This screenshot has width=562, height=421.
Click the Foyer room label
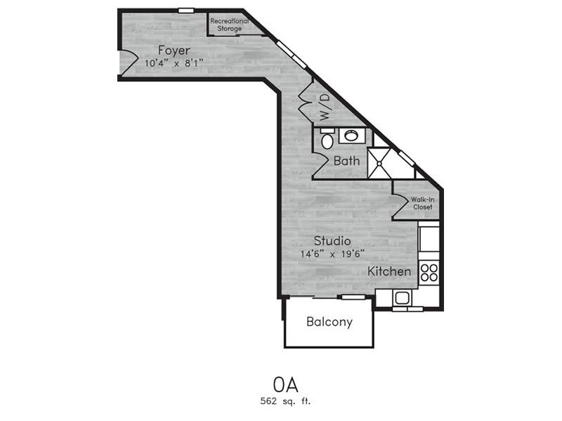[x=174, y=51]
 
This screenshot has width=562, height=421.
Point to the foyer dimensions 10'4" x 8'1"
[x=174, y=63]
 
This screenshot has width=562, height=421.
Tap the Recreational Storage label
[x=230, y=25]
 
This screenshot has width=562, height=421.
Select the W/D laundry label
[x=324, y=107]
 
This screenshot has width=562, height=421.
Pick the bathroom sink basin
[x=351, y=135]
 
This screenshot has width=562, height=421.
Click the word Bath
[x=346, y=161]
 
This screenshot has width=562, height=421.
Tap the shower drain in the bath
[x=379, y=163]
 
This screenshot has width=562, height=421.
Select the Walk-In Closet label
[x=423, y=203]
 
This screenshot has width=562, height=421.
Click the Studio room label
[x=332, y=241]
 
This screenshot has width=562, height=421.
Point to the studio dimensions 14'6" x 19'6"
[x=332, y=254]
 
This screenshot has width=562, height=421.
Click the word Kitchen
[x=389, y=272]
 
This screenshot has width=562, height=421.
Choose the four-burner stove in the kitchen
[x=429, y=273]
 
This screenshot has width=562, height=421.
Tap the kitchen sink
[x=403, y=298]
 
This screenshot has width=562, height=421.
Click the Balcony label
[x=329, y=322]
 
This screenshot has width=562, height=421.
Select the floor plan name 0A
[x=286, y=385]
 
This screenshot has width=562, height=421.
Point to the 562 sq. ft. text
[x=286, y=401]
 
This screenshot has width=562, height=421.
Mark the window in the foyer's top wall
[x=186, y=11]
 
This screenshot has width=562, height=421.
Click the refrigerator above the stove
[x=429, y=238]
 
